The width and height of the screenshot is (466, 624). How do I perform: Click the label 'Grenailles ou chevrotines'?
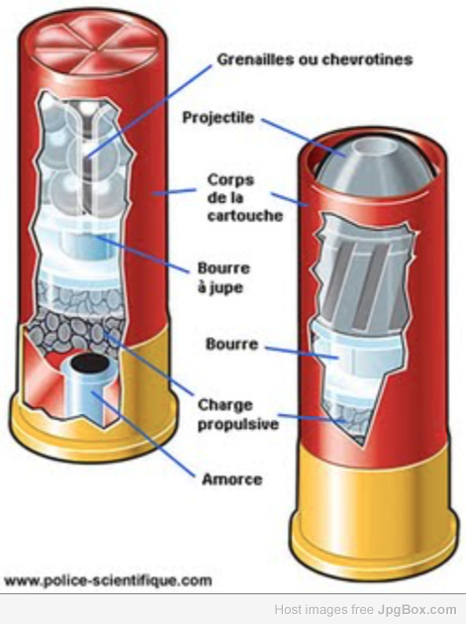(x=315, y=59)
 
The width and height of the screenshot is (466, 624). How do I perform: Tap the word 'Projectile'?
(x=218, y=118)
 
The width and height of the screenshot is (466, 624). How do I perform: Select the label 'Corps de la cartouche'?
(x=245, y=197)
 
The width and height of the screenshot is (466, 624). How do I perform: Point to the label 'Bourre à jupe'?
(x=224, y=277)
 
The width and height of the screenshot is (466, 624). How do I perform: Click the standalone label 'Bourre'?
(x=232, y=344)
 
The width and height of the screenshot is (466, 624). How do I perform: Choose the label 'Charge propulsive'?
(x=237, y=414)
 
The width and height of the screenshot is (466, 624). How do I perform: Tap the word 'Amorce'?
(x=233, y=479)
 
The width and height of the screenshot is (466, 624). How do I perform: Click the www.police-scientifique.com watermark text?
(x=108, y=580)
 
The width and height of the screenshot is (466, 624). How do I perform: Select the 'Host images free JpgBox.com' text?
(x=365, y=609)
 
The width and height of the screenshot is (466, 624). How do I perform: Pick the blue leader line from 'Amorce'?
(x=143, y=435)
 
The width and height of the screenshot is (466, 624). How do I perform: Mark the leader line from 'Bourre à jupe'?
(x=141, y=254)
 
